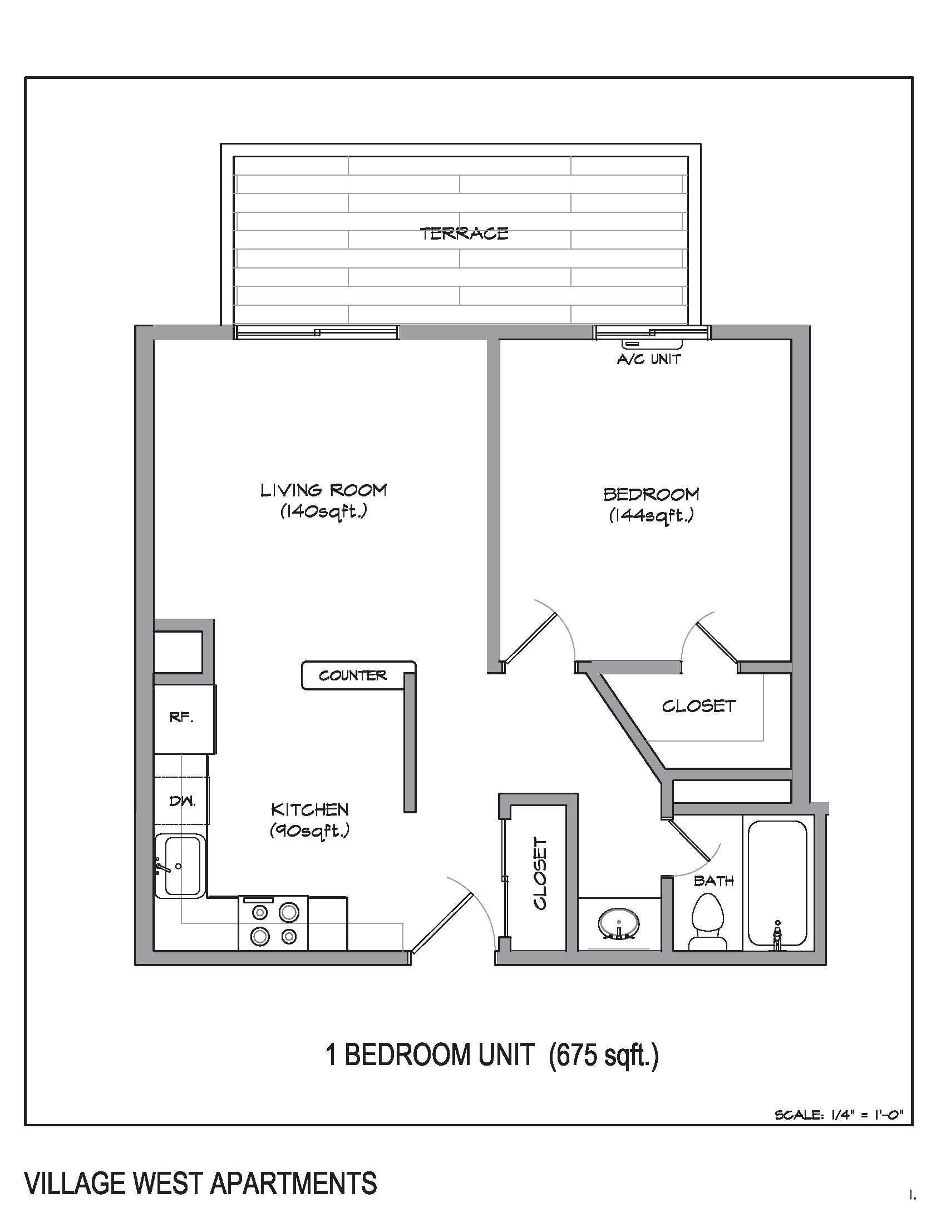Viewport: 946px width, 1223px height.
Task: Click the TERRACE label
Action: (x=464, y=233)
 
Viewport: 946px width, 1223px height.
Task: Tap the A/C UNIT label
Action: (x=649, y=360)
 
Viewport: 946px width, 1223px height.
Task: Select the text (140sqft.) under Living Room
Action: (x=323, y=511)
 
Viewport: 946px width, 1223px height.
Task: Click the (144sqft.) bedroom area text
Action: (x=651, y=515)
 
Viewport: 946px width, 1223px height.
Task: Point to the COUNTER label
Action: (x=352, y=676)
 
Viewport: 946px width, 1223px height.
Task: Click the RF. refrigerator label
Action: (x=181, y=717)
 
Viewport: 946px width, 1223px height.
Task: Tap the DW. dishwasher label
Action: (x=182, y=802)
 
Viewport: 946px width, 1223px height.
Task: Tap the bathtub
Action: (x=777, y=885)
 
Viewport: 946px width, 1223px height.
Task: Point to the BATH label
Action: (x=713, y=881)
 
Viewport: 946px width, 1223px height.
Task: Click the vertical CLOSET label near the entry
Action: (x=540, y=874)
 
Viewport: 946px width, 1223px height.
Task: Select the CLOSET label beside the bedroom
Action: (x=698, y=706)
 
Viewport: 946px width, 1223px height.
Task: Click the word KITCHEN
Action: (x=309, y=809)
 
